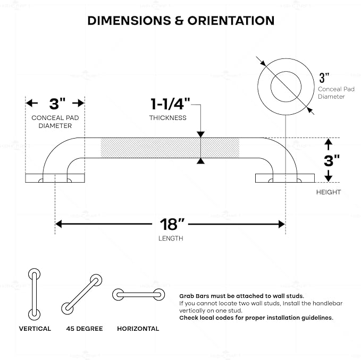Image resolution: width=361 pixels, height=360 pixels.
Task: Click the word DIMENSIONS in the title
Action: [129, 21]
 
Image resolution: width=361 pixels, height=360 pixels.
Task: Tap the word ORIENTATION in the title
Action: [231, 21]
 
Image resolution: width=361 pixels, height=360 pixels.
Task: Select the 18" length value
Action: [172, 224]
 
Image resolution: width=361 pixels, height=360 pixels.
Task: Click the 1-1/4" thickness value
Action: [170, 104]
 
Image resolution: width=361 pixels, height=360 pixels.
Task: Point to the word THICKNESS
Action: [168, 118]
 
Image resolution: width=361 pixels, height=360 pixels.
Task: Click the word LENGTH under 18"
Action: [171, 238]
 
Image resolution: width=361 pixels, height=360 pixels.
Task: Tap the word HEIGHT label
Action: [329, 192]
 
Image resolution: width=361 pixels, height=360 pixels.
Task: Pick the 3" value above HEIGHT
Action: [332, 160]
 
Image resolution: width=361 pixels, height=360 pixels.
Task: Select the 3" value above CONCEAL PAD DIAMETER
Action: [57, 104]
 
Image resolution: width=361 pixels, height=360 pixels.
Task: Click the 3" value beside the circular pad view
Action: [324, 78]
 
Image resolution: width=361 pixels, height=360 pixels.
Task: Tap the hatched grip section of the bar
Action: [170, 148]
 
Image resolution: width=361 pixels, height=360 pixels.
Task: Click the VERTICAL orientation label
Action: [35, 329]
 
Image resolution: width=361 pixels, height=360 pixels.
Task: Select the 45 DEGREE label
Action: [85, 329]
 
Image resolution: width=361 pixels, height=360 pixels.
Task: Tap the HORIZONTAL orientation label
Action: [138, 329]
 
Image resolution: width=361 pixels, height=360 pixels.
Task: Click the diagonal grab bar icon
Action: [82, 294]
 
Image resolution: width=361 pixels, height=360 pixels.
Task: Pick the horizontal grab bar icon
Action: [138, 295]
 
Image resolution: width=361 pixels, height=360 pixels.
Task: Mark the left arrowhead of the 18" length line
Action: [58, 224]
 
